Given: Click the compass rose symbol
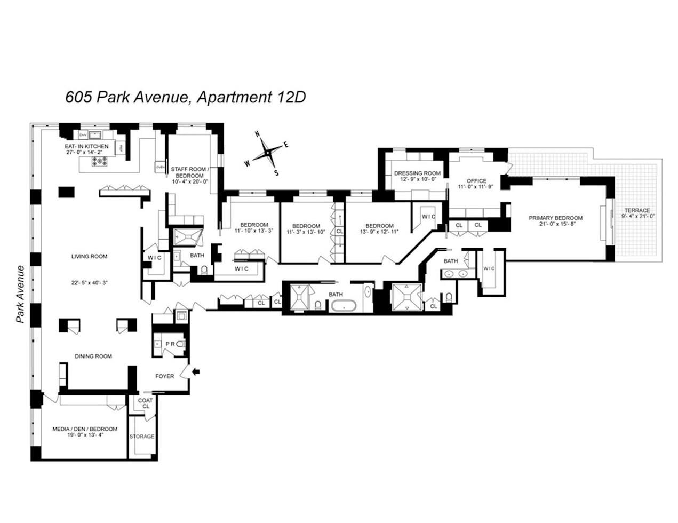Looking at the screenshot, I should pos(266,153).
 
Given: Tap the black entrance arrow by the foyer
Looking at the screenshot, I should pos(196,371).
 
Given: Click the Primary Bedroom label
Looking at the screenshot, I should pos(555,218).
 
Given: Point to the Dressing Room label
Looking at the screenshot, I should pos(417,173).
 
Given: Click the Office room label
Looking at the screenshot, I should pos(476,181).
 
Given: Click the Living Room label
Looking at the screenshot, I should pos(89,256).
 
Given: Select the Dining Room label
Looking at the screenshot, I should pos(93,356).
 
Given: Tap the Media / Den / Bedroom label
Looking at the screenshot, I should pos(85,429).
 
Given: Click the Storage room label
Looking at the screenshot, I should pos(142,436).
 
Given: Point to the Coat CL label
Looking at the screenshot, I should pos(146,403).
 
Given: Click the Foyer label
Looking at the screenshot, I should pos(165,376).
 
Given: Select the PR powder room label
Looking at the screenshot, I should pos(170,344).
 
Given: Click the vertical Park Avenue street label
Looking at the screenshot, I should pos(21,295).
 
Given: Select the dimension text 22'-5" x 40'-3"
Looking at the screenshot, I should pos(89,283).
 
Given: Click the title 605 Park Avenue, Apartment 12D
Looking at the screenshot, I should pos(185,97).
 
